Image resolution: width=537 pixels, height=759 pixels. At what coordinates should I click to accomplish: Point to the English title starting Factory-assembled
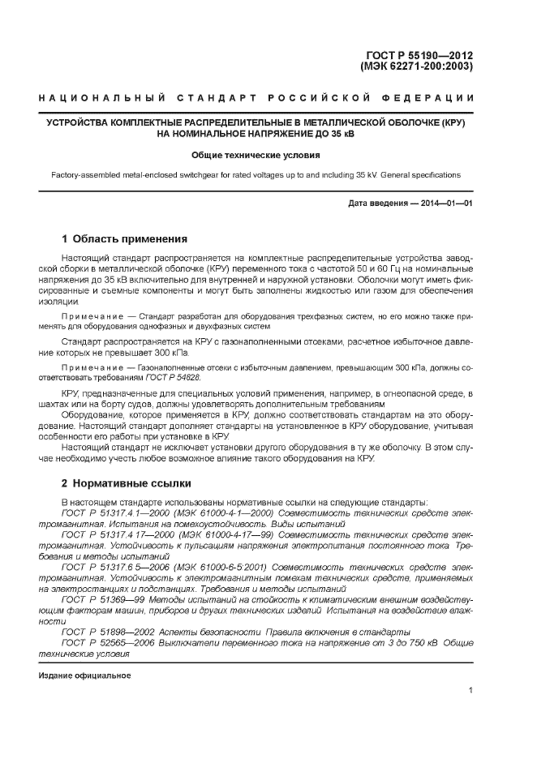[256, 174]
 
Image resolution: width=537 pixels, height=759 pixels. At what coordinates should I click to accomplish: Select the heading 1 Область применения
[125, 239]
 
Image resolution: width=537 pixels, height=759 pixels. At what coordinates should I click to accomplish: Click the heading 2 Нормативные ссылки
[127, 484]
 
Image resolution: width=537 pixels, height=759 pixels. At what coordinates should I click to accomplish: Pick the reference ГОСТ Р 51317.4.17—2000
[114, 535]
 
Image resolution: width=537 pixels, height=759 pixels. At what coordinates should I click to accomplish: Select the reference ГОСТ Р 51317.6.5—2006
[113, 566]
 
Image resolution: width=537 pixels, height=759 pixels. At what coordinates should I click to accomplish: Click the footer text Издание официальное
[85, 675]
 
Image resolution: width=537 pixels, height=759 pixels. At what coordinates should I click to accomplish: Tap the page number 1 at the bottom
[470, 690]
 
